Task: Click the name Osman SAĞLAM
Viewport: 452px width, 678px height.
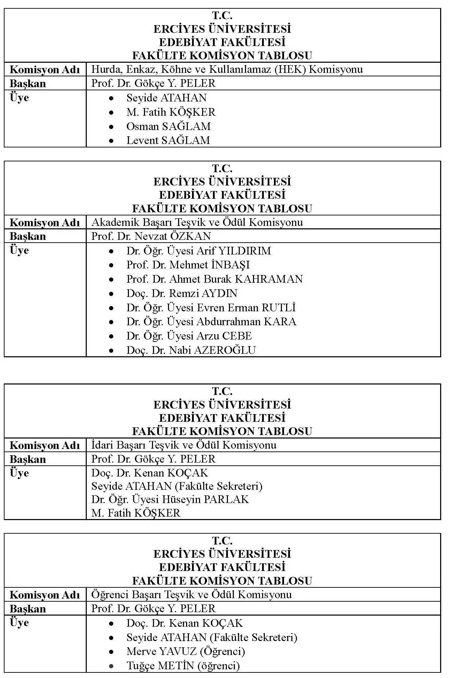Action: tap(168, 126)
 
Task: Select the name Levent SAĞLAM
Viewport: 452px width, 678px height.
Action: tap(168, 140)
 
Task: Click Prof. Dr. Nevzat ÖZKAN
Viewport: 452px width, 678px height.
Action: tap(151, 236)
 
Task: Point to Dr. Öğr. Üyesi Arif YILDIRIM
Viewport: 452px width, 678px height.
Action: tap(198, 251)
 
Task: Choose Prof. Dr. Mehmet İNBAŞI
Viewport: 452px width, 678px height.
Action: tap(188, 265)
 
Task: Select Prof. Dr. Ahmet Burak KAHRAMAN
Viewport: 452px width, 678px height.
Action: tap(214, 279)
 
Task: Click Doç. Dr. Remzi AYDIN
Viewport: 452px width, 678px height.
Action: tap(182, 294)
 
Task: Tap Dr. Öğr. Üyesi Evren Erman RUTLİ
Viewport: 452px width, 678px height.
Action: tap(211, 308)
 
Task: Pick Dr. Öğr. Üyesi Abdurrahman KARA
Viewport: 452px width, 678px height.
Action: tap(211, 322)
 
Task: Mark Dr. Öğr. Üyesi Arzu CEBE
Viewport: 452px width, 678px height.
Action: tap(189, 336)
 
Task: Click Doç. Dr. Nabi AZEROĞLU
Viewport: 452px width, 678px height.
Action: tap(191, 350)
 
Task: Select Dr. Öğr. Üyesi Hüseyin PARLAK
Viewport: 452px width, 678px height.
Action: tap(170, 500)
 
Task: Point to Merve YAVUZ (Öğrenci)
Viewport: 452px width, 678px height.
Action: tap(185, 651)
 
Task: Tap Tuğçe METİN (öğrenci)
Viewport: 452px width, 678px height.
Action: tap(183, 665)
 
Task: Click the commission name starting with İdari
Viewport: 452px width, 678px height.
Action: tap(184, 445)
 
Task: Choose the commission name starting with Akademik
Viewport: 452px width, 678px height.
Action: tap(197, 222)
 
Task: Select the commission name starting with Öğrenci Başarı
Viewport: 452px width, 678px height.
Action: tap(191, 594)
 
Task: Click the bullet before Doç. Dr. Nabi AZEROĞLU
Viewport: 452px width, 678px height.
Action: tap(111, 350)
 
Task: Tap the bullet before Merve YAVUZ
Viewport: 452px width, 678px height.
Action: tap(111, 652)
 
